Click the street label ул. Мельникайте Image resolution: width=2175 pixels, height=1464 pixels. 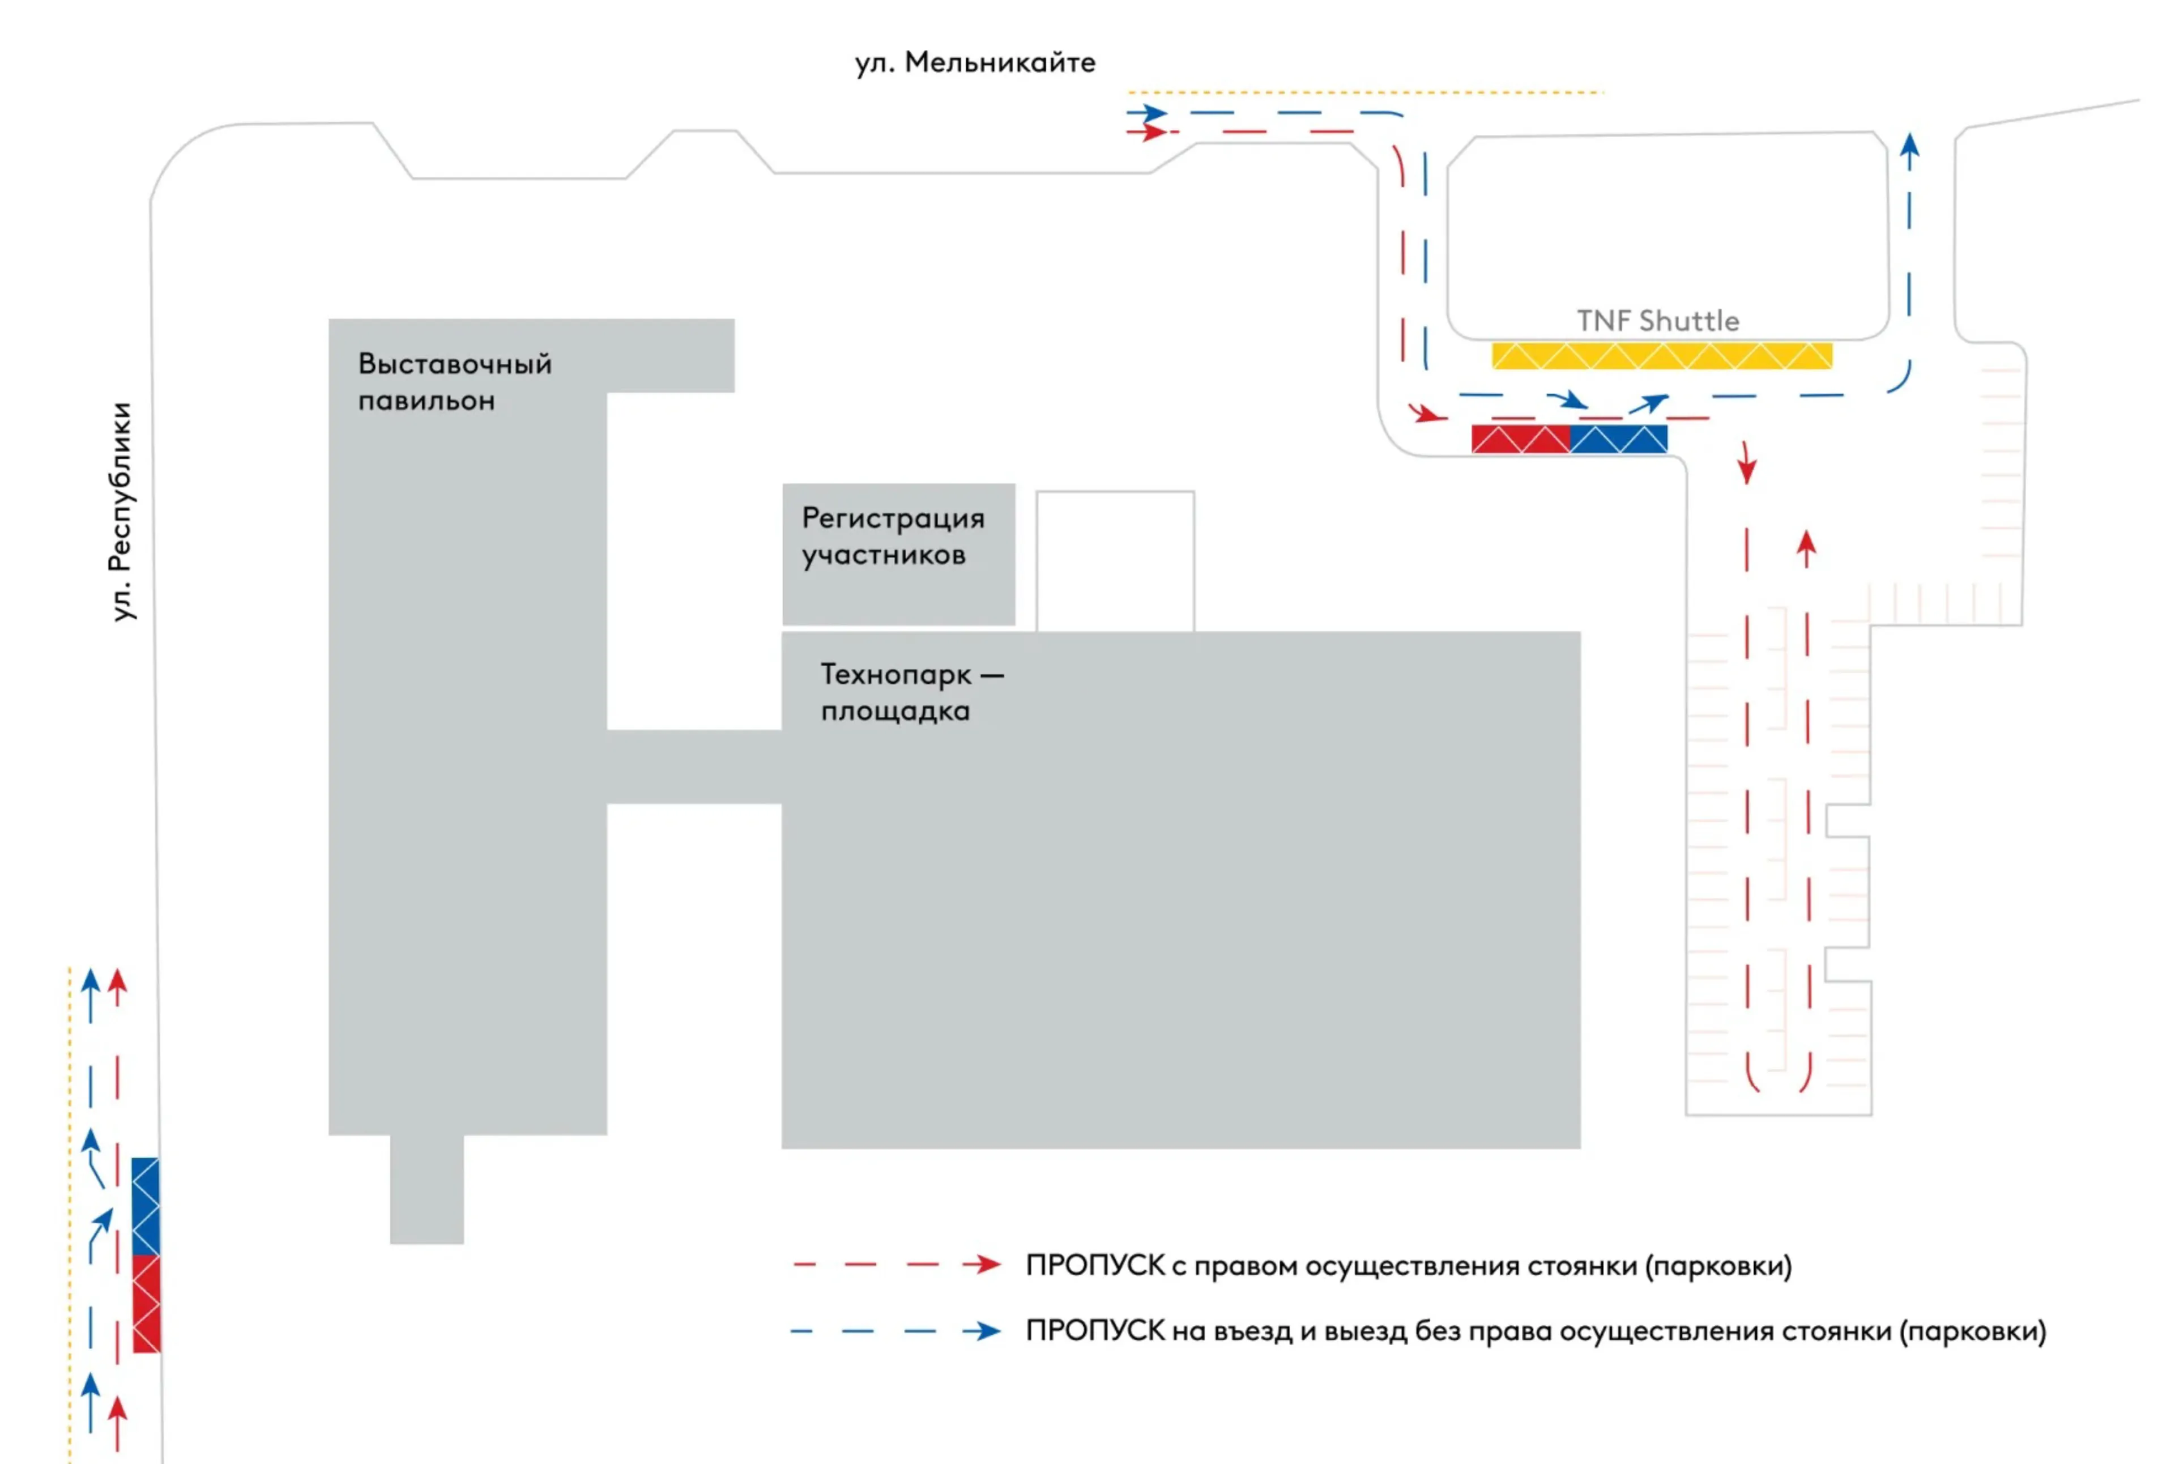click(975, 62)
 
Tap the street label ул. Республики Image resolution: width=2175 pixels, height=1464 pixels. click(121, 512)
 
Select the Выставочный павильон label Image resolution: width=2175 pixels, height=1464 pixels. click(455, 382)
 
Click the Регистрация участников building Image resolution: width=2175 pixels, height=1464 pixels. click(898, 554)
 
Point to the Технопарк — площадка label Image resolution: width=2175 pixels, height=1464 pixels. click(912, 692)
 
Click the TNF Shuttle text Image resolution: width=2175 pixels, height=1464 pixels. click(1658, 321)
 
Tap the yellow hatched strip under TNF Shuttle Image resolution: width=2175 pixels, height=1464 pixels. click(1662, 356)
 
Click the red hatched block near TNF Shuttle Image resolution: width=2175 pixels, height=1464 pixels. click(1521, 439)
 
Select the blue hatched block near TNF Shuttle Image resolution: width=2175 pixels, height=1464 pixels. click(1619, 439)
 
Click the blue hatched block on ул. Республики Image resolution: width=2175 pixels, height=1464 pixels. click(146, 1206)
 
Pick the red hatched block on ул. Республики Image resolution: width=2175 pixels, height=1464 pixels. click(147, 1304)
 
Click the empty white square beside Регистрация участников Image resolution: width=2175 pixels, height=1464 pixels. click(1115, 561)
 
